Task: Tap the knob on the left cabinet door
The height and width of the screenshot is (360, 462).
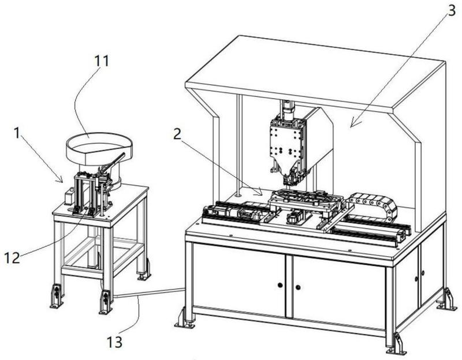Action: (x=280, y=284)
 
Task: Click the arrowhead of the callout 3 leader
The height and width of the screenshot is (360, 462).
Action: (x=350, y=125)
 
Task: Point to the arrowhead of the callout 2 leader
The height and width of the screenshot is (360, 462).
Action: (x=263, y=193)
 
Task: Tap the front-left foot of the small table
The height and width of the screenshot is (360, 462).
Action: (x=56, y=297)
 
